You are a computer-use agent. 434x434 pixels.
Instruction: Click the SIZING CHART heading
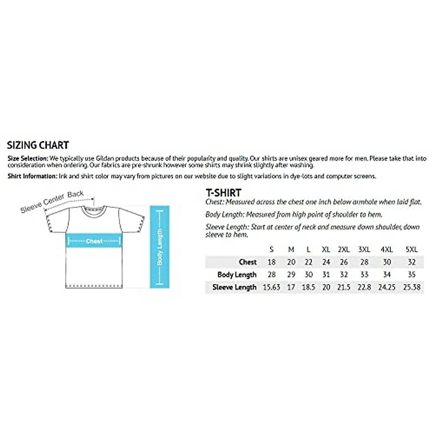coord(38,145)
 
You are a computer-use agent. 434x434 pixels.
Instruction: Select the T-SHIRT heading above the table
coord(223,193)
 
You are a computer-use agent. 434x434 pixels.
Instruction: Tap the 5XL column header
coord(412,249)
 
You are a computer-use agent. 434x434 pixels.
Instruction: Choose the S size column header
coord(272,249)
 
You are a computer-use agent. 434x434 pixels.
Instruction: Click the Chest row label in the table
coord(248,262)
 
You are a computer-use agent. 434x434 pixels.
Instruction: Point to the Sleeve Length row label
coord(234,287)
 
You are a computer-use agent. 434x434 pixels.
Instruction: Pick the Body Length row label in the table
coord(237,275)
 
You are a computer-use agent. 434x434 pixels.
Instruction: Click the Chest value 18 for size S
coord(272,262)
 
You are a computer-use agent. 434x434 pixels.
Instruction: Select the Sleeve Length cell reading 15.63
coord(271,287)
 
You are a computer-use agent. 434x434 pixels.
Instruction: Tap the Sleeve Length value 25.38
coord(412,287)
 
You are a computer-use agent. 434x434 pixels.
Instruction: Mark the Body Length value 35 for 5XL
coord(412,275)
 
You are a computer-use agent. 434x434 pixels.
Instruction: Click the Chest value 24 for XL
coord(326,262)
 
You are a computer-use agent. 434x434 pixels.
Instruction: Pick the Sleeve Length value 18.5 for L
coord(309,287)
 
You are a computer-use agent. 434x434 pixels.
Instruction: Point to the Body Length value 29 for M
coord(291,275)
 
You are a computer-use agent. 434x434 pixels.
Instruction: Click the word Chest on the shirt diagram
coord(94,241)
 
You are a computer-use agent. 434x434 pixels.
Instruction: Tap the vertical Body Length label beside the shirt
coord(159,247)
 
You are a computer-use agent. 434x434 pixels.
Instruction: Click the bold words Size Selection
coord(28,158)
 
